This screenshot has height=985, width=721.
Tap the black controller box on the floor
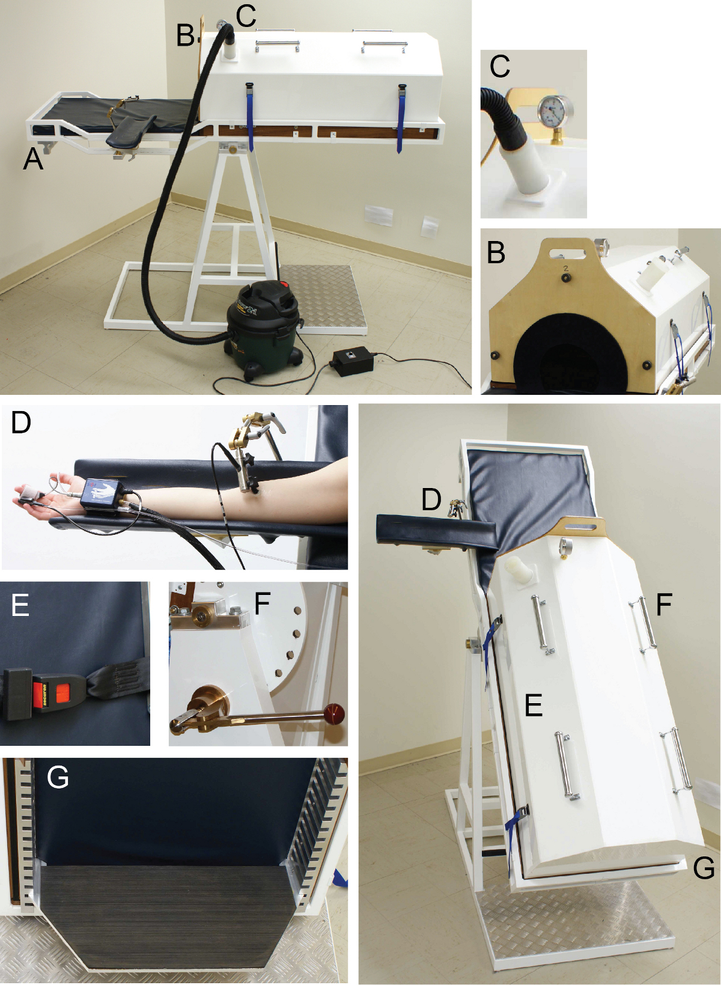353,362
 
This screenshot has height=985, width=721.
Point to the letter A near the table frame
33,159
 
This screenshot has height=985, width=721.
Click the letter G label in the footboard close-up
58,778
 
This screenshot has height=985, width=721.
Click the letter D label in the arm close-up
21,422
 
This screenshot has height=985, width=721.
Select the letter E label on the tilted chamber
534,704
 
